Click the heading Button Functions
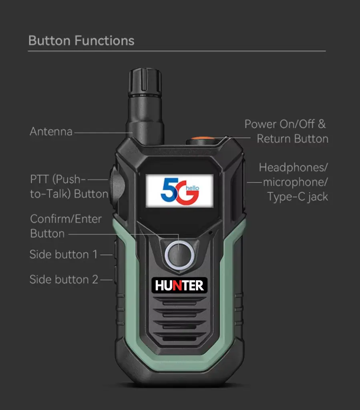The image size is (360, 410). point(81,41)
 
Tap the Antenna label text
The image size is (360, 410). point(51,131)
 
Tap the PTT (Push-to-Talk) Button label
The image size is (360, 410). point(69,187)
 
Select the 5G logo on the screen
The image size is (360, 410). point(179,191)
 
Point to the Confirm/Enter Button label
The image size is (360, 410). point(65,226)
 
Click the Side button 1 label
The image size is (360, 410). point(64,255)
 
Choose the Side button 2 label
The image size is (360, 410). point(64,279)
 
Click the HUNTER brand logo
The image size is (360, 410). point(179,285)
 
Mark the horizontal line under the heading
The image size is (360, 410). point(177,51)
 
